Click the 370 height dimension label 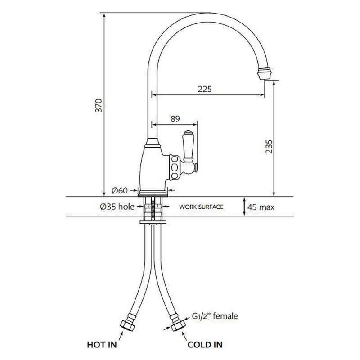coord(99,105)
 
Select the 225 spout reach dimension coord(205,89)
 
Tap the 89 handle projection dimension coord(175,119)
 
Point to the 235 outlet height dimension coord(269,146)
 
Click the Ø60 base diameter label coord(120,190)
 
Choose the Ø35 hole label coord(117,207)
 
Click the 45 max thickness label coord(261,207)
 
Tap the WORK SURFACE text coord(201,207)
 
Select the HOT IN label coord(102,345)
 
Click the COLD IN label coord(205,345)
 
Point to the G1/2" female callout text coord(215,316)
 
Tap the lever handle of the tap coord(188,146)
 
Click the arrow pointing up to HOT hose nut coord(121,336)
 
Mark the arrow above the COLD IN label coord(184,336)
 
